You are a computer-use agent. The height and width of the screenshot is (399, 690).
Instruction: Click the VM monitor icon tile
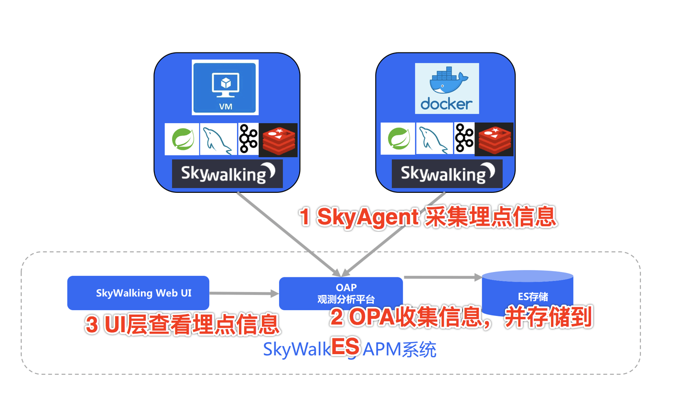pos(225,87)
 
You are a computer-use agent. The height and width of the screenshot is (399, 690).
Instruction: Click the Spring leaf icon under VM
pos(182,139)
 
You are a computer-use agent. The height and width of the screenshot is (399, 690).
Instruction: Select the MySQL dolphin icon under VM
pos(218,139)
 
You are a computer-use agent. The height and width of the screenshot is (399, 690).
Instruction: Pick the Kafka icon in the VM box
pos(248,139)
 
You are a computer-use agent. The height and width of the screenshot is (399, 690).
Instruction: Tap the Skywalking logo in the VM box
pos(227,173)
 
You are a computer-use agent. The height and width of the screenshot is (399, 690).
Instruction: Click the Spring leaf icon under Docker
pos(398,139)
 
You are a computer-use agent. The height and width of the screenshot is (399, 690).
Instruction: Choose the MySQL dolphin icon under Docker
pos(434,139)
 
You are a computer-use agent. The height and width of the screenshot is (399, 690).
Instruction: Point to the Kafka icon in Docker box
pos(464,139)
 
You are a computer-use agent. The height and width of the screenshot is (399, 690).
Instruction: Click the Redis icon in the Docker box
pos(494,139)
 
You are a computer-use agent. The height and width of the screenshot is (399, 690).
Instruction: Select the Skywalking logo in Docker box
pos(447,173)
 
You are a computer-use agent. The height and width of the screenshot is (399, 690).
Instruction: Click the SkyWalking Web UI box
pos(138,292)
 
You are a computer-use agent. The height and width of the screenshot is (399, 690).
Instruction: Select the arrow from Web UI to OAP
pos(244,294)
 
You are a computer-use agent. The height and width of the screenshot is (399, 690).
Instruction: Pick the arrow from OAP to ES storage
pos(442,277)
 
